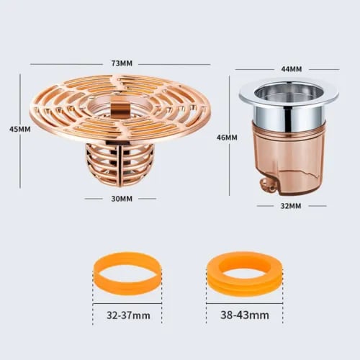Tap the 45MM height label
(x=19, y=130)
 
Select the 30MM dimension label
(x=121, y=199)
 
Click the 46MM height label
(x=227, y=136)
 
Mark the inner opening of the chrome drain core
(x=287, y=91)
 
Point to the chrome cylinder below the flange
(x=287, y=113)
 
